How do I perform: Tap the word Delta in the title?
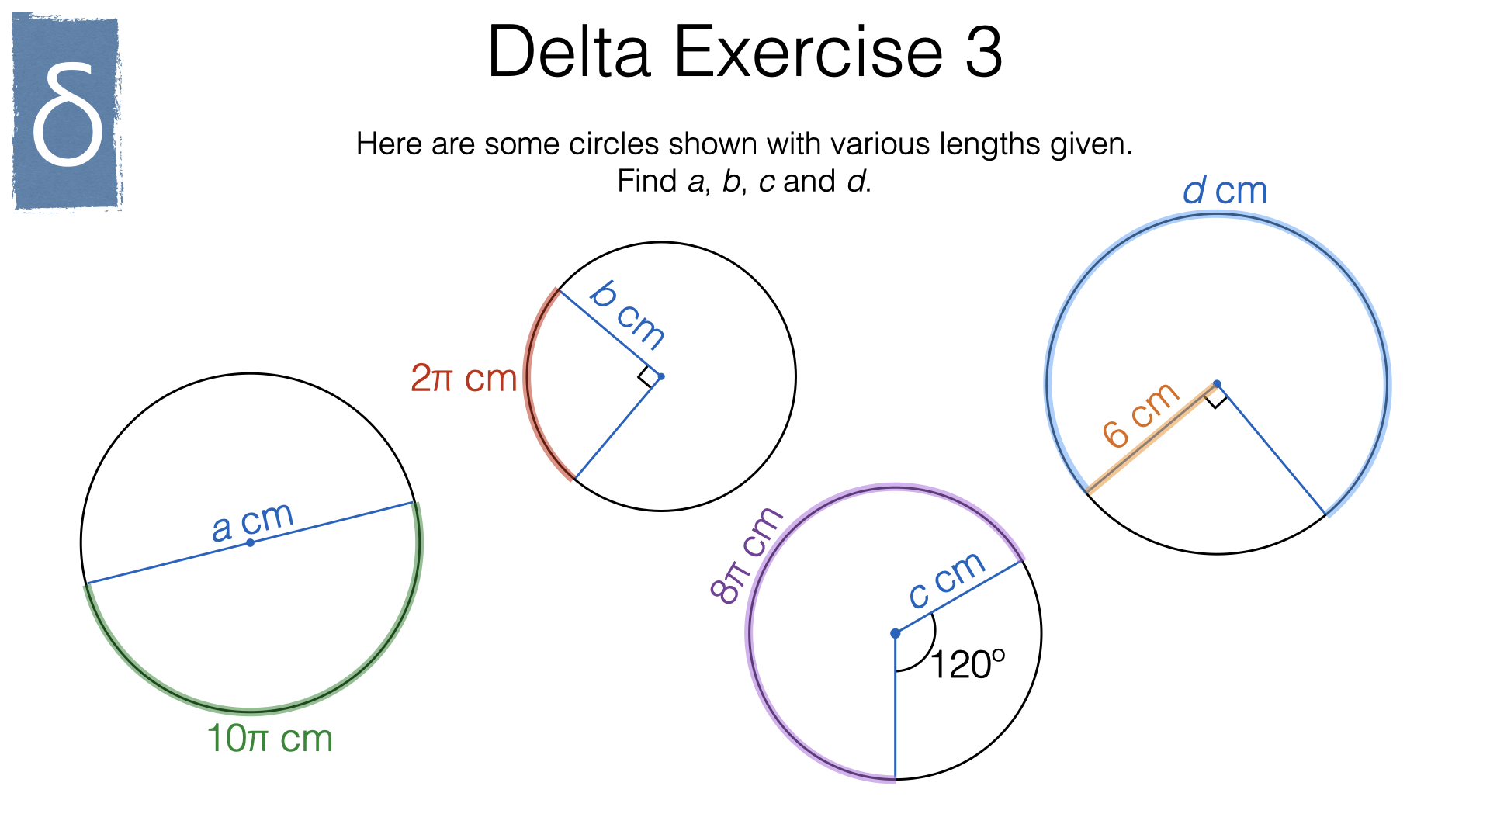(569, 52)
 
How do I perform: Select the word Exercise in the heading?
(808, 52)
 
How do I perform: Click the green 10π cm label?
(269, 738)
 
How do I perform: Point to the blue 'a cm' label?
(253, 521)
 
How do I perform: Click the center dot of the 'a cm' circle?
(250, 542)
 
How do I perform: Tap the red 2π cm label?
(463, 378)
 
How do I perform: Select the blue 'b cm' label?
(627, 315)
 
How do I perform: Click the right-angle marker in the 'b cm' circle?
(647, 377)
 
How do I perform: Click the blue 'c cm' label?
(947, 580)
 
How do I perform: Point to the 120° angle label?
(967, 665)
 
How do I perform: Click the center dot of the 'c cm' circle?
(895, 633)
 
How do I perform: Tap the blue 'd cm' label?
(1225, 191)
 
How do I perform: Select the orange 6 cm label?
(1141, 415)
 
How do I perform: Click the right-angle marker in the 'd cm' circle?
(1215, 397)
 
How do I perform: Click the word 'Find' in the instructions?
(648, 182)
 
